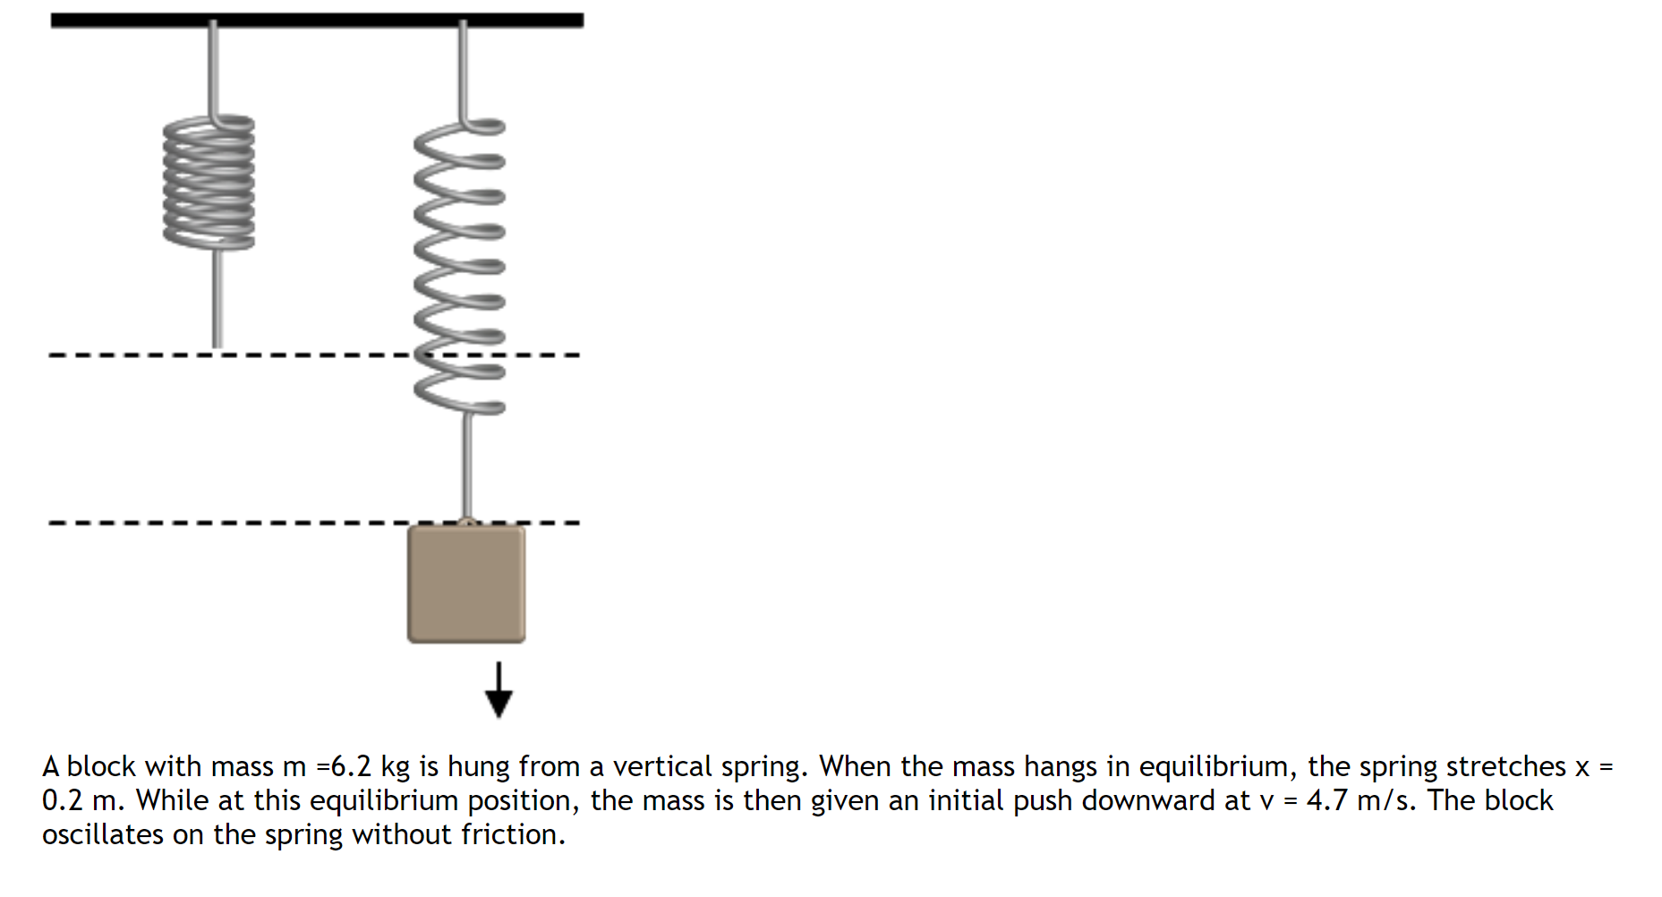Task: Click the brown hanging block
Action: point(465,584)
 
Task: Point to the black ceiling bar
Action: point(317,20)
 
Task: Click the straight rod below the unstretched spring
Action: point(217,300)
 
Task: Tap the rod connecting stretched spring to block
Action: point(466,466)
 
